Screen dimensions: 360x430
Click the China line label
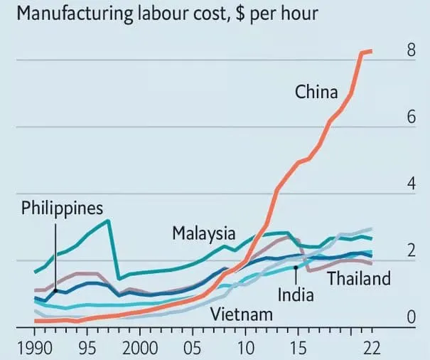click(318, 92)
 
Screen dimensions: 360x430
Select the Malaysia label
click(203, 233)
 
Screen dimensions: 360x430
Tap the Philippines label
click(63, 208)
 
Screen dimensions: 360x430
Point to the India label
click(295, 293)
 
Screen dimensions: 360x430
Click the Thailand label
click(359, 277)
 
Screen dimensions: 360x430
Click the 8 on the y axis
click(411, 51)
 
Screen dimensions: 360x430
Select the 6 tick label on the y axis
click(411, 117)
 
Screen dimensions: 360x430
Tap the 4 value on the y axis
click(411, 184)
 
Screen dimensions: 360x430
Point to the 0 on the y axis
click(411, 317)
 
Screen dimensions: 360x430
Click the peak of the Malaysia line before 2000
click(107, 221)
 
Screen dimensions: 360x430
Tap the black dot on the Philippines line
click(55, 290)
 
